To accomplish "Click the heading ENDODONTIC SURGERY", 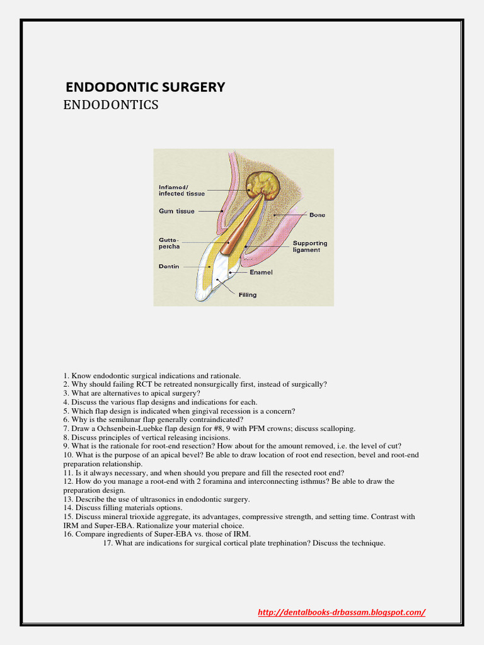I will coord(146,87).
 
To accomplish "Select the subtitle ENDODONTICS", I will coord(111,105).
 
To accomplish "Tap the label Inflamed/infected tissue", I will coord(181,190).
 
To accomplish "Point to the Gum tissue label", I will coord(176,212).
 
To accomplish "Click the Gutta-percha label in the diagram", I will coord(170,243).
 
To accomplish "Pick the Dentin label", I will coord(169,266).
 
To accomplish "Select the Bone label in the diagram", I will coord(317,215).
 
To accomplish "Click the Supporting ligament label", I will coord(310,246).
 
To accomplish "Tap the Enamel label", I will coord(261,272).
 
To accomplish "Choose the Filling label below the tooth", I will coord(247,295).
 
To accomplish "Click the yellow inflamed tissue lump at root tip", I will coord(263,185).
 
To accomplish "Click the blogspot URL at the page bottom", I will coord(342,612).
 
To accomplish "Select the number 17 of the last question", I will coord(107,543).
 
